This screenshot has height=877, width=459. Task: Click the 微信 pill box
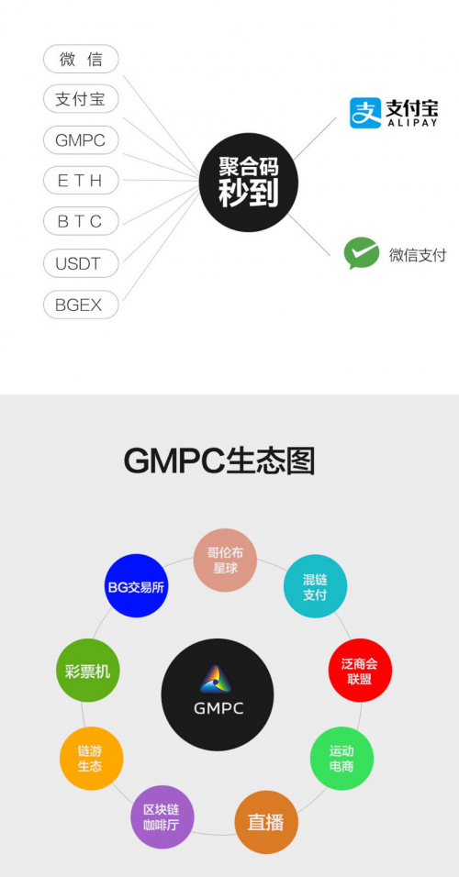[x=81, y=59]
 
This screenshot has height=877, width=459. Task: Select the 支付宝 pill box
[x=81, y=100]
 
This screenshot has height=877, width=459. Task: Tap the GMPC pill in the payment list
[x=81, y=139]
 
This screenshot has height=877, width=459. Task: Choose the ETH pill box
[x=81, y=180]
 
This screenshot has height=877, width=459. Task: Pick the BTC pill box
[x=81, y=221]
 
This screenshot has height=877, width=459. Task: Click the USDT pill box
[x=81, y=263]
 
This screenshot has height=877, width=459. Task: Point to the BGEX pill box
[x=81, y=305]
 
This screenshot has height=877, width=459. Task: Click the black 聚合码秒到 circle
[x=249, y=182]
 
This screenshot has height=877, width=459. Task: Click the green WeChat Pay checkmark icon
[x=362, y=253]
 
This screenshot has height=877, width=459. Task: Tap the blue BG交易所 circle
[x=137, y=585]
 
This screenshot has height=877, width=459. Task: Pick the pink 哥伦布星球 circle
[x=225, y=560]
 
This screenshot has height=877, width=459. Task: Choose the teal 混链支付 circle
[x=315, y=586]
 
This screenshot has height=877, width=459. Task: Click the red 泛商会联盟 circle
[x=360, y=670]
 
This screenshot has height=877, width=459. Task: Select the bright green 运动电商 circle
[x=342, y=759]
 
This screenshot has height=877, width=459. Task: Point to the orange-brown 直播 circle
[x=266, y=822]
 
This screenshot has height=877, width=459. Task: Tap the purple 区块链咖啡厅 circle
[x=162, y=816]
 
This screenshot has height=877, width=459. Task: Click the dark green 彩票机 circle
[x=88, y=670]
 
